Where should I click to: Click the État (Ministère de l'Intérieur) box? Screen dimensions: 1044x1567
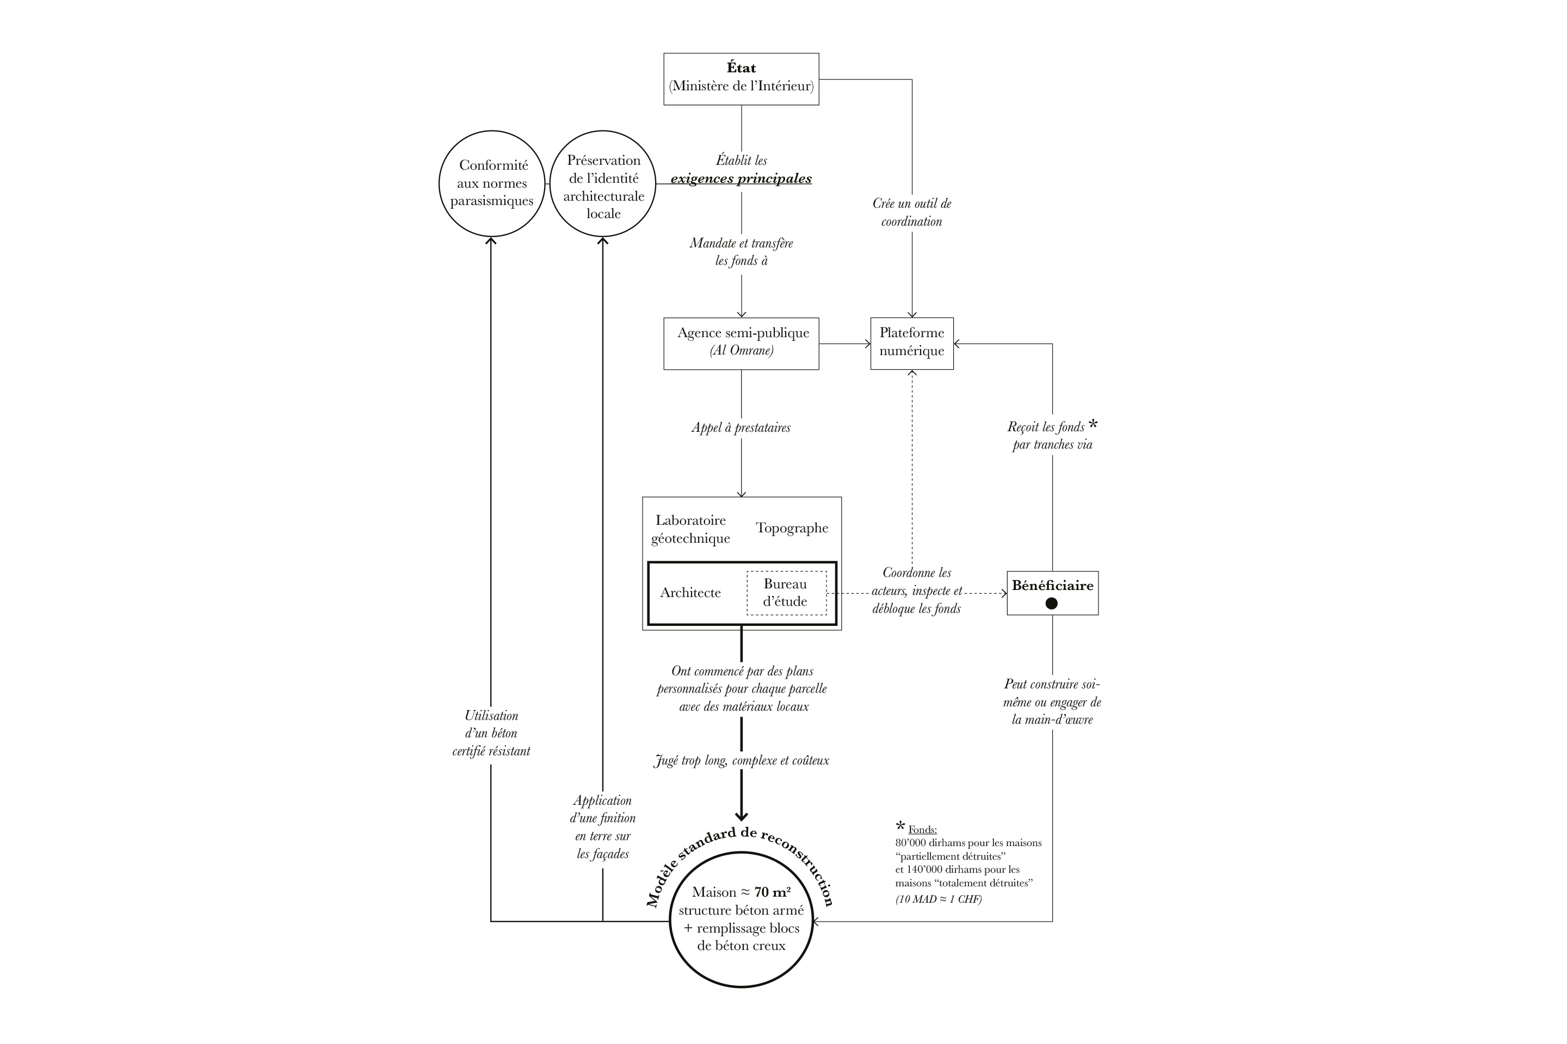[741, 78]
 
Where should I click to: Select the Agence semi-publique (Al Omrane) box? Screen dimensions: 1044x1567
[741, 343]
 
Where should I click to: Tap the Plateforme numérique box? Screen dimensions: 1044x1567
[911, 343]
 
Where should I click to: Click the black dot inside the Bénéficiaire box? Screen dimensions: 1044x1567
[1051, 603]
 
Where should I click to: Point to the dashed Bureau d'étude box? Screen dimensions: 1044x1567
[786, 593]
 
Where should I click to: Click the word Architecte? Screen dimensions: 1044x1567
[690, 593]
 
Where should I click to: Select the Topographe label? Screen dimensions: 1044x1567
[792, 528]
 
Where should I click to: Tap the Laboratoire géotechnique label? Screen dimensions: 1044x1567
[690, 529]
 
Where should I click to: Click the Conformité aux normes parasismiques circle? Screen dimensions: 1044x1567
[492, 183]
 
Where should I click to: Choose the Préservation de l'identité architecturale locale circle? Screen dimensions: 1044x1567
[603, 186]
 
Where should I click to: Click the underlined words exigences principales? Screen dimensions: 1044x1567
[741, 178]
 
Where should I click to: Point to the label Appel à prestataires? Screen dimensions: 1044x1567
[741, 427]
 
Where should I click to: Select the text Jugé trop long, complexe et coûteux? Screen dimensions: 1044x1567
[741, 760]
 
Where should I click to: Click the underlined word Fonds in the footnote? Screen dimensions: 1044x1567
[922, 830]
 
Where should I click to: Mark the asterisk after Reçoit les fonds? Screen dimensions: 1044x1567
[1093, 424]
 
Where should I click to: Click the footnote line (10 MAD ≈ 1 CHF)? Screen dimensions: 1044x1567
[938, 899]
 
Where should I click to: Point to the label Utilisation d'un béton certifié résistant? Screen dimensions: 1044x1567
[491, 733]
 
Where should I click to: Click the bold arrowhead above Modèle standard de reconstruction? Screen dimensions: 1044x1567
[741, 816]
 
